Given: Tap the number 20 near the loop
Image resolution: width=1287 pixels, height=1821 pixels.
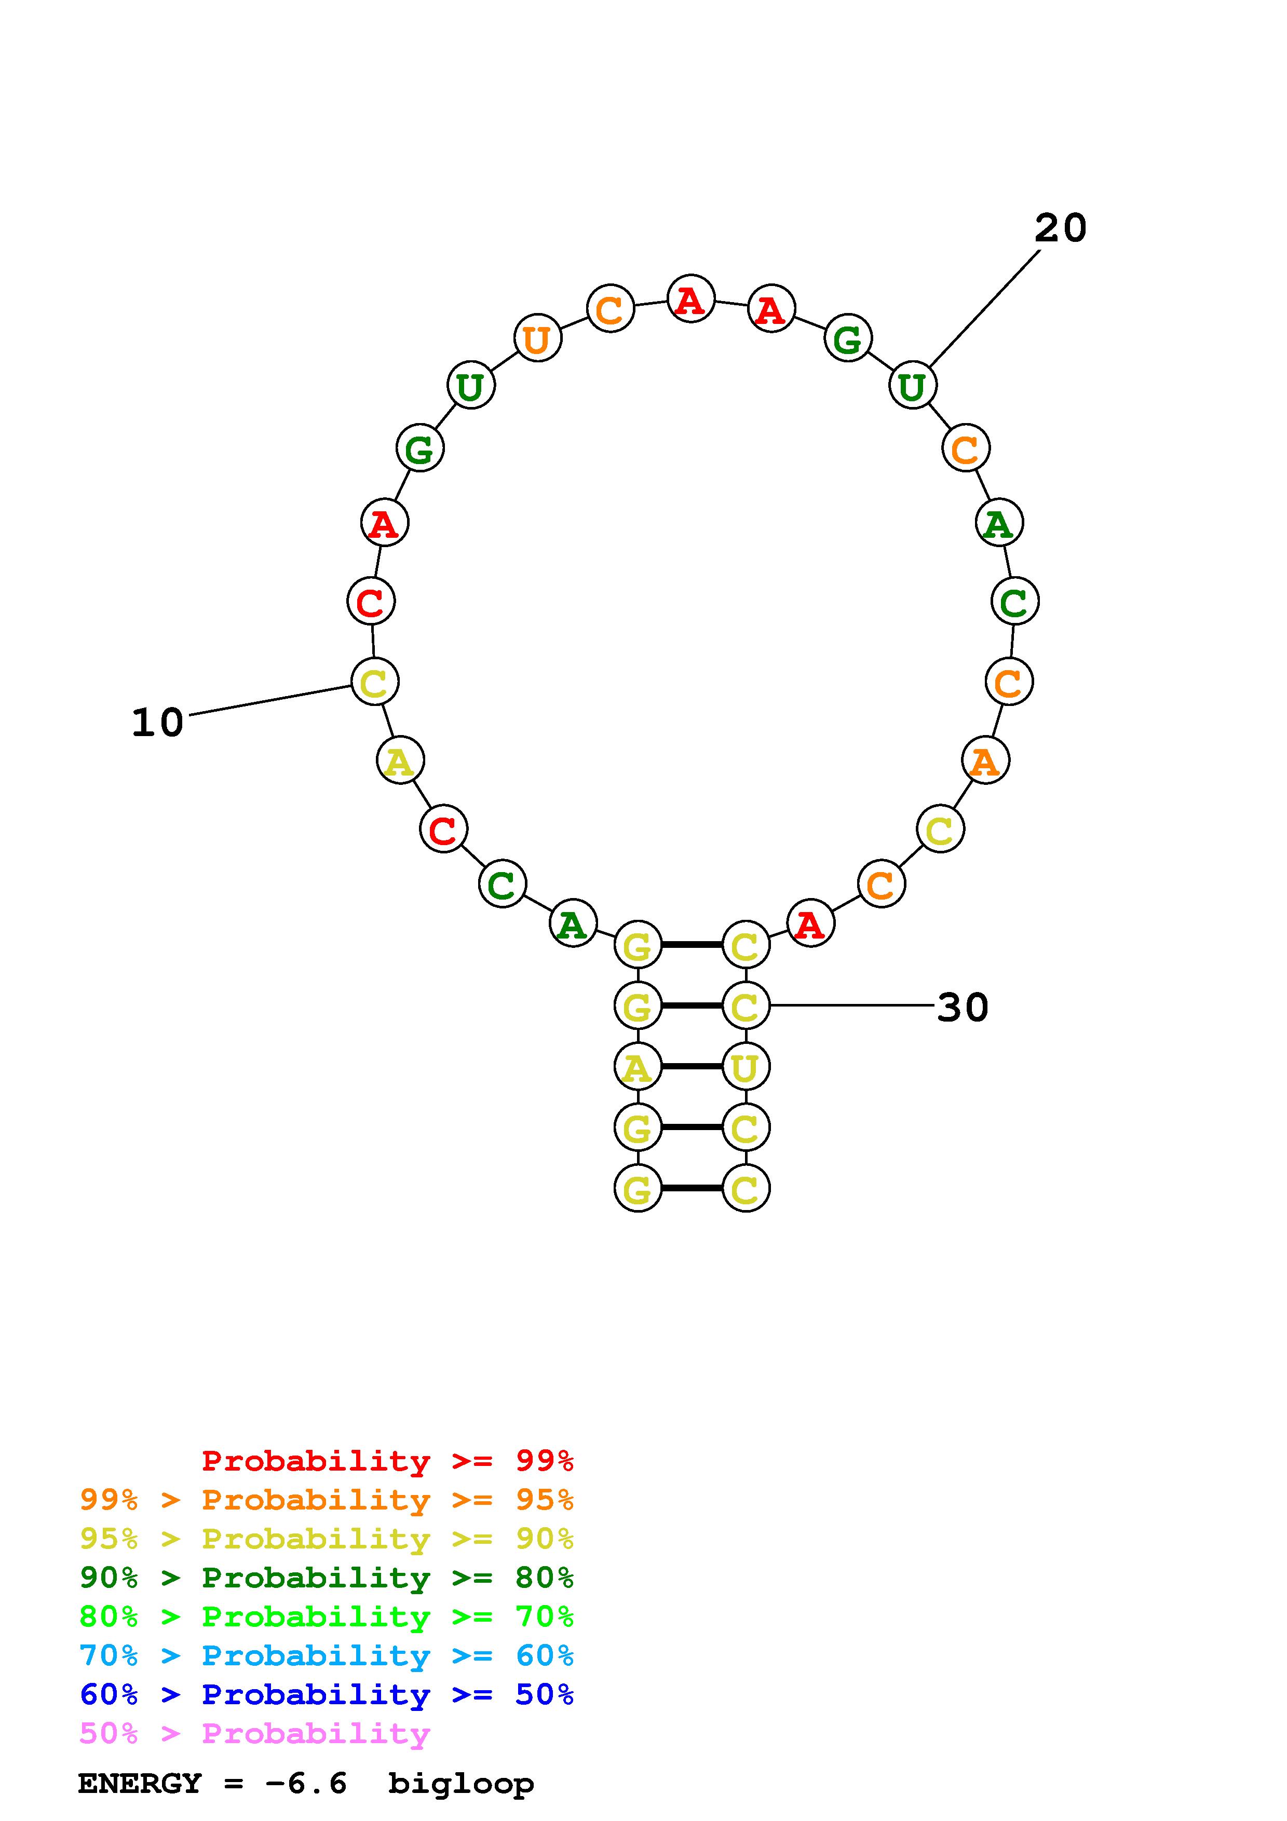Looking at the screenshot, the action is pos(1060,228).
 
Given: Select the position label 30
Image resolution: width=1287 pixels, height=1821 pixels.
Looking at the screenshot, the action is pos(963,1007).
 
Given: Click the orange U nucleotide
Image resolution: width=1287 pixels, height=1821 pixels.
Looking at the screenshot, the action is pos(538,338).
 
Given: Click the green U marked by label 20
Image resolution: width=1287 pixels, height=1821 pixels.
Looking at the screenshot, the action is pos(913,386).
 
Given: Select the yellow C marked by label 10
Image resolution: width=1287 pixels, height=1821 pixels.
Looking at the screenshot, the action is pos(374,682).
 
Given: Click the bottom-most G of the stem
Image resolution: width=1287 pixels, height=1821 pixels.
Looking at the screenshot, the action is pos(638,1189).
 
